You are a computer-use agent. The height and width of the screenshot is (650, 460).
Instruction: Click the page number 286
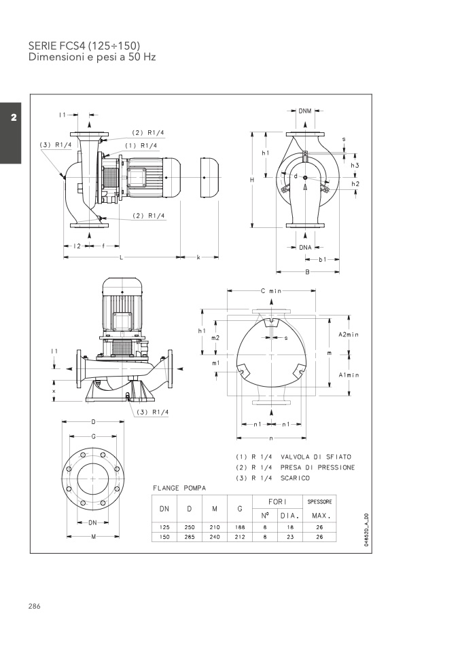pyautogui.click(x=35, y=606)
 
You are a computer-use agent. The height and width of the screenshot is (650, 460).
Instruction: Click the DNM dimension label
pyautogui.click(x=304, y=111)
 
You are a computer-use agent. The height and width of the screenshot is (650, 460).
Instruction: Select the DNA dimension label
pyautogui.click(x=305, y=248)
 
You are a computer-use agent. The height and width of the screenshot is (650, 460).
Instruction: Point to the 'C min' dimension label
pyautogui.click(x=271, y=291)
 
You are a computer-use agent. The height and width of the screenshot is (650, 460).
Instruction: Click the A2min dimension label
pyautogui.click(x=349, y=334)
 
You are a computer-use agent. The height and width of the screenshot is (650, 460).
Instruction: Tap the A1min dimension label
pyautogui.click(x=349, y=375)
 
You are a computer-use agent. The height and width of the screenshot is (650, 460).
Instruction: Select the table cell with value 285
pyautogui.click(x=190, y=537)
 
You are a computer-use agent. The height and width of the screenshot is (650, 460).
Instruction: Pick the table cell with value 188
pyautogui.click(x=240, y=527)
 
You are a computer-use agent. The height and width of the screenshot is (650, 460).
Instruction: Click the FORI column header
pyautogui.click(x=277, y=501)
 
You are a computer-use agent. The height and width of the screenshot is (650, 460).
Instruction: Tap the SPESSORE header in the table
pyautogui.click(x=319, y=501)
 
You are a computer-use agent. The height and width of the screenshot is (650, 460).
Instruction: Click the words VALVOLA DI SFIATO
pyautogui.click(x=316, y=457)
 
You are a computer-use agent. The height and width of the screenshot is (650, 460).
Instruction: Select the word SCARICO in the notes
pyautogui.click(x=295, y=478)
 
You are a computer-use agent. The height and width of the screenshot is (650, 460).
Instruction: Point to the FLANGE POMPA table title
pyautogui.click(x=179, y=489)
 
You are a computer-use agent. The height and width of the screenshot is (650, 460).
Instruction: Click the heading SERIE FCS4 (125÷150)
pyautogui.click(x=84, y=45)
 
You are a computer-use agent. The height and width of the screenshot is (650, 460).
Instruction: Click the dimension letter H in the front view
pyautogui.click(x=251, y=180)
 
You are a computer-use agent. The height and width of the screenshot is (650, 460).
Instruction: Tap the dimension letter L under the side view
pyautogui.click(x=121, y=257)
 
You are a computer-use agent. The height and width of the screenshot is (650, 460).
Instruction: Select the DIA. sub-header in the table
pyautogui.click(x=289, y=516)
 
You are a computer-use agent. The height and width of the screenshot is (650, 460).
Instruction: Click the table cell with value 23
pyautogui.click(x=290, y=537)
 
